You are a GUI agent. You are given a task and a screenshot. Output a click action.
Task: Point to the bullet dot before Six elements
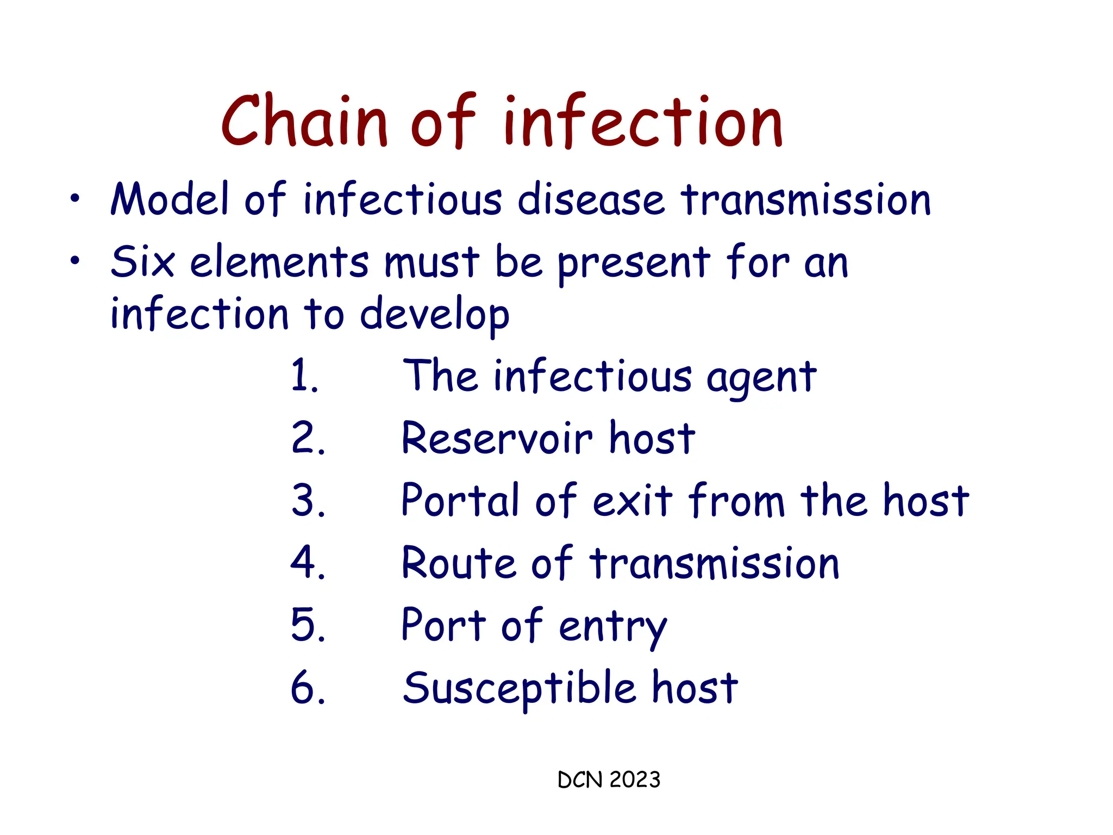pos(74,260)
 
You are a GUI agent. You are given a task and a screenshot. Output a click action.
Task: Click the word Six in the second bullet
pos(142,262)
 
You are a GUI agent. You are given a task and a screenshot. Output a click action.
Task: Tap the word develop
pos(435,315)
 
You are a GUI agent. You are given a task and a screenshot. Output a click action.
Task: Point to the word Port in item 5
pos(443,625)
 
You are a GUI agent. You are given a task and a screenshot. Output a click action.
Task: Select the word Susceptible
pos(519,688)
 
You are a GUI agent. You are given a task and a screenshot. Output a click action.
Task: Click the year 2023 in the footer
pos(634,780)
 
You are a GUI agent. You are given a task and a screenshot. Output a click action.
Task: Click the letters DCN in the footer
pos(580,780)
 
